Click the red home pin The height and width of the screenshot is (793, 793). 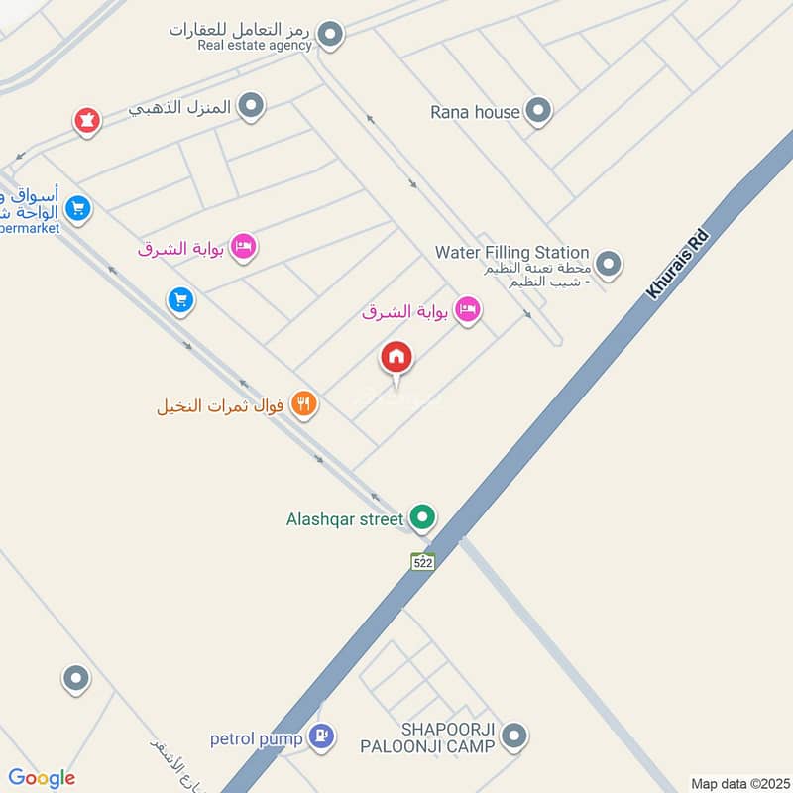tap(396, 358)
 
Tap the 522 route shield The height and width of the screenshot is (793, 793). tap(423, 561)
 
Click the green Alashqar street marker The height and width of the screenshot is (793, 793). tap(423, 517)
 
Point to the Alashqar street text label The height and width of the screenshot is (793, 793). tap(344, 518)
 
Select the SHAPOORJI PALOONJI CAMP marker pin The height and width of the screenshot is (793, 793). tap(513, 736)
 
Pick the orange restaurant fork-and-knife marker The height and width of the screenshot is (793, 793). tap(304, 404)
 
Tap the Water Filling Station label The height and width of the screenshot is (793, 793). tap(511, 253)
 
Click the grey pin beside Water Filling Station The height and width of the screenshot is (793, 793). tap(609, 264)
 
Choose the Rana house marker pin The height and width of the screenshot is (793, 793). tap(537, 111)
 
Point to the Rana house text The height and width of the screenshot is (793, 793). tap(475, 112)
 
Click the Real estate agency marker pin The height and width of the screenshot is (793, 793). tap(331, 36)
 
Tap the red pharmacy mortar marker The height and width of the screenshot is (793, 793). tap(87, 122)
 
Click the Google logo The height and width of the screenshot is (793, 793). tap(41, 778)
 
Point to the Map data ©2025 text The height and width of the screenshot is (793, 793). tap(738, 783)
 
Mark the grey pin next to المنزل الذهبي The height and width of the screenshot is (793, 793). tap(252, 105)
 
